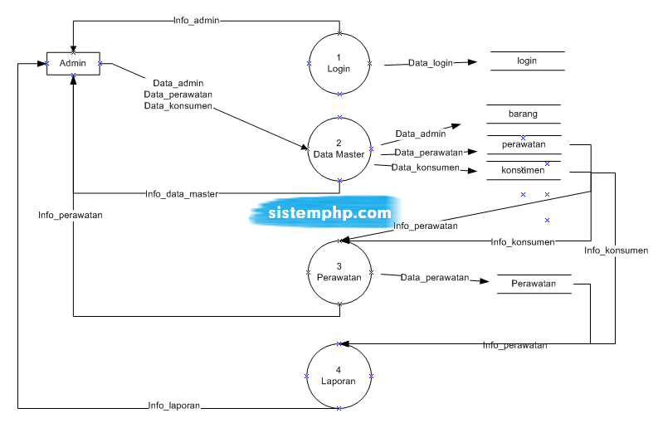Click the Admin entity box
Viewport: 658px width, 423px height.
click(73, 63)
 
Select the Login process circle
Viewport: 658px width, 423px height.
click(339, 64)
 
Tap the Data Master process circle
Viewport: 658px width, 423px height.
click(339, 149)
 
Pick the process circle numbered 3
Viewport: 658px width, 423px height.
click(339, 272)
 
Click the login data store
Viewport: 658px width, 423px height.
click(527, 61)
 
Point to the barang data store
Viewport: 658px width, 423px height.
click(523, 114)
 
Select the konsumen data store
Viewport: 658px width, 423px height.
click(523, 170)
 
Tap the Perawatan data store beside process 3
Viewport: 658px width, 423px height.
click(534, 284)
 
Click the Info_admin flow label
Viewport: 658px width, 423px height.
click(197, 20)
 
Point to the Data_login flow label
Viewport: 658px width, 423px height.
click(430, 63)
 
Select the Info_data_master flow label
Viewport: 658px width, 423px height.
click(182, 194)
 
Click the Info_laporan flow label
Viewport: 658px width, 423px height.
click(174, 406)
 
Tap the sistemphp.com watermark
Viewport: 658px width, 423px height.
click(329, 212)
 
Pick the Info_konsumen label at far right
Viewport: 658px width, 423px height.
click(616, 250)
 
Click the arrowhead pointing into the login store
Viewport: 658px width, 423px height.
click(473, 62)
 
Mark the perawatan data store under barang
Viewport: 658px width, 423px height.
click(523, 144)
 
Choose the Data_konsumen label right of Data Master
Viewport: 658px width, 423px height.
click(426, 168)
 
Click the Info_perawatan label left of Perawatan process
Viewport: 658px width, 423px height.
click(71, 215)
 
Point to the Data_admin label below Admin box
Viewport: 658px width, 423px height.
click(178, 83)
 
